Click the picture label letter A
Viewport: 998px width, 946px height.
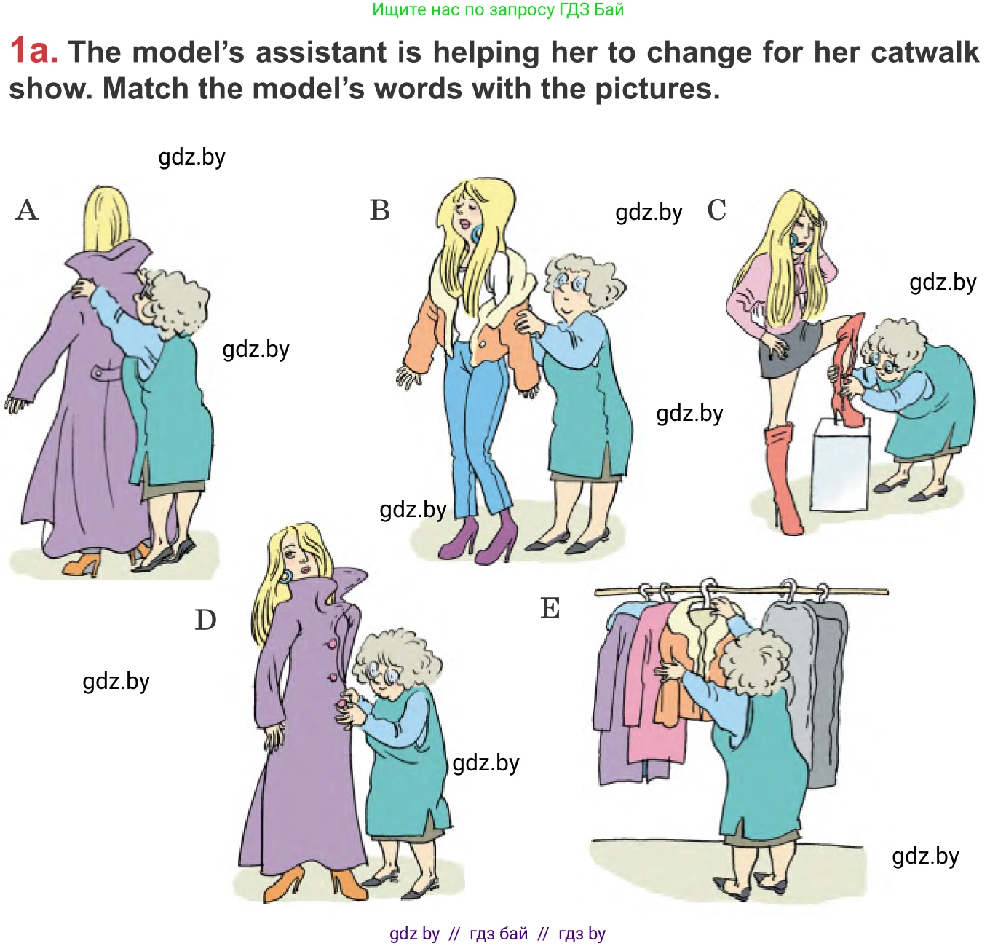coord(27,210)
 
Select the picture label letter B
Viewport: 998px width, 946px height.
coord(380,210)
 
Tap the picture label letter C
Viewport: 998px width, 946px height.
coord(716,210)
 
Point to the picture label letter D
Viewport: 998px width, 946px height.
coord(205,620)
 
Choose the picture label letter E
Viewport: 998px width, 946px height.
coord(550,608)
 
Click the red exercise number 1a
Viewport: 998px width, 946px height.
coord(33,51)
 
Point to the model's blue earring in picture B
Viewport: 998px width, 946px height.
coord(476,234)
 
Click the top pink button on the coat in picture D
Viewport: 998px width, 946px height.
coord(331,644)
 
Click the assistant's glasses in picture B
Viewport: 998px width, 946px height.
coord(569,283)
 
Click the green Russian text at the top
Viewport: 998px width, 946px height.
coord(498,9)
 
